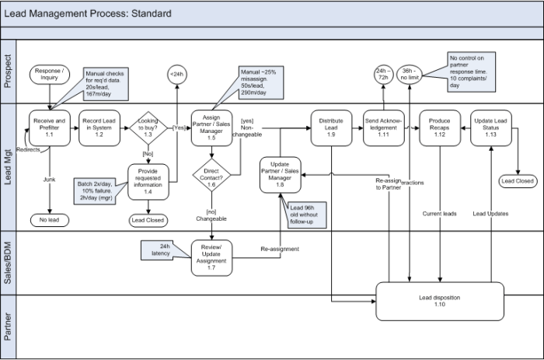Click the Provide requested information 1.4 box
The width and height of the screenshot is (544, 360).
tap(148, 180)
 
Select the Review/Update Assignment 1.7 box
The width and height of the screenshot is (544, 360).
tap(211, 256)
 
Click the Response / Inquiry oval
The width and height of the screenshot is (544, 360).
tap(51, 75)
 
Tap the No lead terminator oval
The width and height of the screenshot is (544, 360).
tap(51, 220)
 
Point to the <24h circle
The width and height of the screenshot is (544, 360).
tap(176, 75)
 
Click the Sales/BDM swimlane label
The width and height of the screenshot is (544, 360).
tap(9, 257)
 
